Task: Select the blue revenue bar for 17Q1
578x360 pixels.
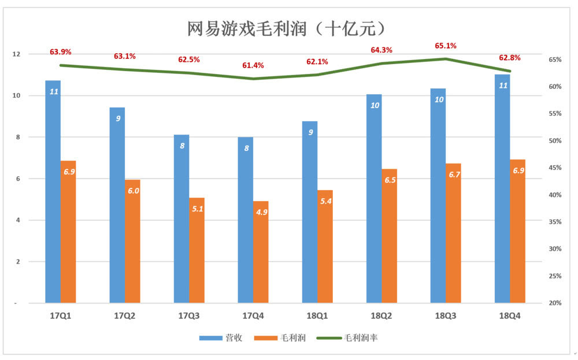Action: tap(53, 191)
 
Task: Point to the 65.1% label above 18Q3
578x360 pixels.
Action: tap(446, 45)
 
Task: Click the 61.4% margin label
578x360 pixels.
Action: tap(253, 65)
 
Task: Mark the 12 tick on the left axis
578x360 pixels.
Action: tap(16, 54)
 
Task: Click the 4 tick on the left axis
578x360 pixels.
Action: tap(16, 220)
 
